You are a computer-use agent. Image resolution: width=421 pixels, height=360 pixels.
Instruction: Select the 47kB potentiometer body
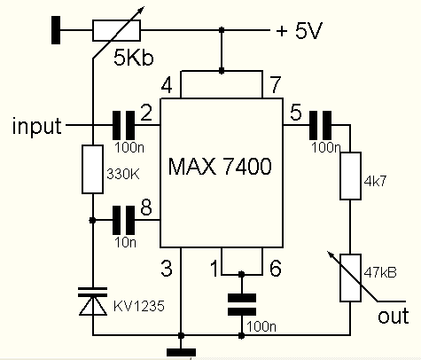[x=353, y=280]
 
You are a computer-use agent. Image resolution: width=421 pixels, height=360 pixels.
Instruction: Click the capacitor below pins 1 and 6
[x=240, y=302]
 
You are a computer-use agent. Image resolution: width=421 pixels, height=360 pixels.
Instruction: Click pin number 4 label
[x=165, y=86]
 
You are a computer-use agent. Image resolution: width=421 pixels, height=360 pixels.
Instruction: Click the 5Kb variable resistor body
[x=116, y=31]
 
